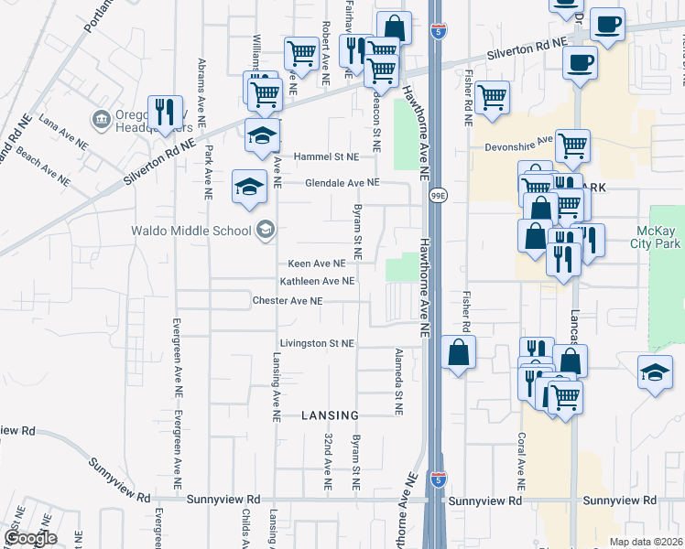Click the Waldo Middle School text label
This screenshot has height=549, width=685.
(x=190, y=230)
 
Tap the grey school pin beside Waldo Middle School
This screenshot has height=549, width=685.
(x=266, y=229)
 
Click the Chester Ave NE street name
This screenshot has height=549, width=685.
(x=288, y=300)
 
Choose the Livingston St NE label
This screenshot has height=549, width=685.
(x=316, y=343)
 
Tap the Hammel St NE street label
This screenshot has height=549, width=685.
(x=325, y=156)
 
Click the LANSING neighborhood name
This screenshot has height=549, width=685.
(x=328, y=415)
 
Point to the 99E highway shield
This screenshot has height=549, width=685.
(x=439, y=195)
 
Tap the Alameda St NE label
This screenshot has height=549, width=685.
(x=398, y=382)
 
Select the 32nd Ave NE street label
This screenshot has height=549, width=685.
(x=327, y=461)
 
